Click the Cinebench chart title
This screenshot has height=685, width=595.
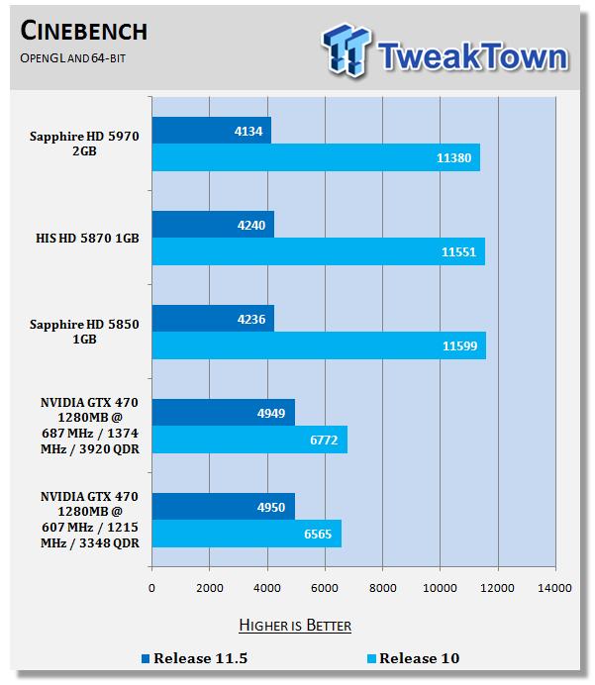tap(83, 31)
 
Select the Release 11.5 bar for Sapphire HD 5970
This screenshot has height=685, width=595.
tap(211, 130)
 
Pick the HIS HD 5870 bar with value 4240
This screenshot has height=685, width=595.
tap(212, 224)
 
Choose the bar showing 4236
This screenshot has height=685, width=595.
tap(212, 319)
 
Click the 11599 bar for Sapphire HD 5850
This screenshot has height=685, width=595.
tap(318, 345)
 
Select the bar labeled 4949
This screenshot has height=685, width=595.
tap(223, 413)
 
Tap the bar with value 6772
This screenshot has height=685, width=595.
tap(248, 440)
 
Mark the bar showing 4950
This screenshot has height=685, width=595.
tap(223, 507)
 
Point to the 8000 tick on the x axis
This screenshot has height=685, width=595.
tap(382, 588)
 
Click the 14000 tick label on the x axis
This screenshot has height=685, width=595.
tap(554, 588)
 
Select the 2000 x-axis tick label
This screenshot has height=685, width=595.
tap(209, 588)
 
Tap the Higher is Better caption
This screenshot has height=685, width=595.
tap(294, 626)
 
